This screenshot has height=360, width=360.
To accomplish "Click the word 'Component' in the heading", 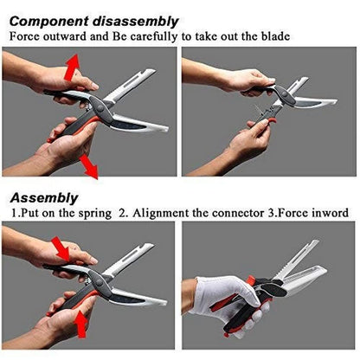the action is (x=49, y=22).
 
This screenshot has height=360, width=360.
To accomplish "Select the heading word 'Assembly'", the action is (x=44, y=198).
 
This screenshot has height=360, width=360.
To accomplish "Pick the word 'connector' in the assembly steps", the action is (x=238, y=213).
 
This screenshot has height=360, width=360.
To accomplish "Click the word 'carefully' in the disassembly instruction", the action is (x=153, y=37).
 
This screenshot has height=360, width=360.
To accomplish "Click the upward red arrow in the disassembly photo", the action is (x=71, y=67).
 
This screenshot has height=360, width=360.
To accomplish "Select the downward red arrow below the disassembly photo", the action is (x=88, y=166).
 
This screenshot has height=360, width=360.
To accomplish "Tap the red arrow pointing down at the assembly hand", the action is (x=61, y=249).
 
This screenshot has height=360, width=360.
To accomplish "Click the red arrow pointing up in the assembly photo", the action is (x=81, y=325).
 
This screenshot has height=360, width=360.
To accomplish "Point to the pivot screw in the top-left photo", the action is (x=100, y=109).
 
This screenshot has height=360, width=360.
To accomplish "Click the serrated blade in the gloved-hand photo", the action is (x=294, y=260).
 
